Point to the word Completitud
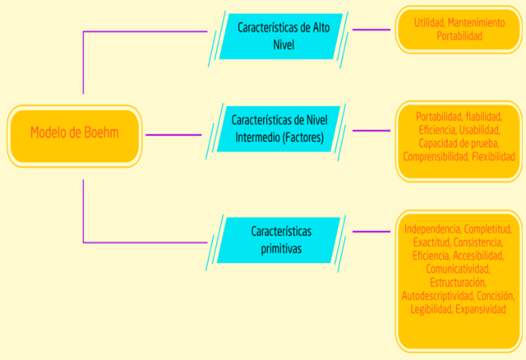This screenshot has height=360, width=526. point(491,229)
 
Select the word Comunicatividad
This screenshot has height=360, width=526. point(458,269)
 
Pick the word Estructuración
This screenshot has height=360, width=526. point(458,282)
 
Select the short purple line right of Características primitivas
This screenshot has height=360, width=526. point(371,232)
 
